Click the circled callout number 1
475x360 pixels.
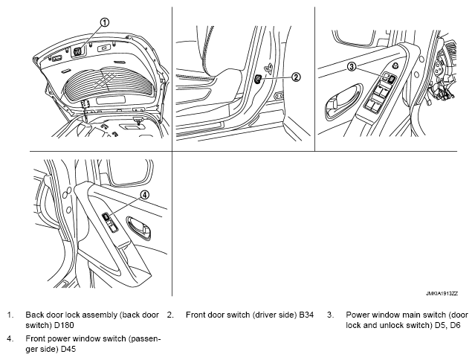[x=105, y=22]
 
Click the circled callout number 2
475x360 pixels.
[x=296, y=76]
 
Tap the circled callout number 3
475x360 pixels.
[x=352, y=67]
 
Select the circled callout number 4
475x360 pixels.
[x=145, y=195]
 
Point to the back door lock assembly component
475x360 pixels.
[x=77, y=51]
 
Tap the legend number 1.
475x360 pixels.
[x=10, y=315]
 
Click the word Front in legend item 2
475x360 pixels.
[x=197, y=315]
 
